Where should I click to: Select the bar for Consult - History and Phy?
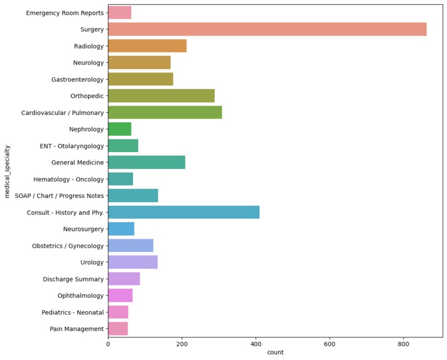pyautogui.click(x=183, y=212)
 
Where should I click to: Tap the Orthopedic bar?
pyautogui.click(x=161, y=96)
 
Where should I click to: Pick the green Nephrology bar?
pyautogui.click(x=119, y=129)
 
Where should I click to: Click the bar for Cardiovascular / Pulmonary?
pyautogui.click(x=164, y=112)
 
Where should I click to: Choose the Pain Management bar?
pyautogui.click(x=117, y=329)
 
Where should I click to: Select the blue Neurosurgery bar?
pyautogui.click(x=121, y=229)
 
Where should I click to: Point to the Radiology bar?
pyautogui.click(x=147, y=46)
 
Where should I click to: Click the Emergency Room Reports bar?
pyautogui.click(x=119, y=13)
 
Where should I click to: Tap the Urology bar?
pyautogui.click(x=132, y=262)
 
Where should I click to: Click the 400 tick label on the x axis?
pyautogui.click(x=256, y=344)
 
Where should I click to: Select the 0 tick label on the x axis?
pyautogui.click(x=108, y=344)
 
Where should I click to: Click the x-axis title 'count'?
pyautogui.click(x=275, y=352)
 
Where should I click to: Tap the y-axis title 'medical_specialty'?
pyautogui.click(x=8, y=171)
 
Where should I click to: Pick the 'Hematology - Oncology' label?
pyautogui.click(x=68, y=179)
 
